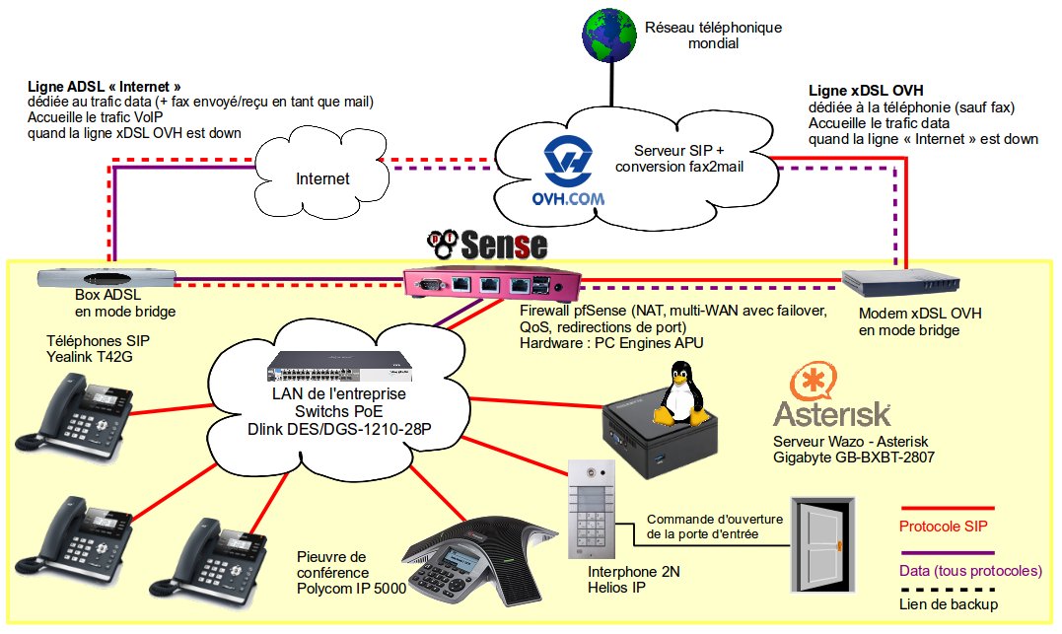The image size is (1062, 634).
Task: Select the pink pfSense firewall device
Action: pos(491,286)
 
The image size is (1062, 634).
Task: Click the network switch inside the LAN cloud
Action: pos(338,367)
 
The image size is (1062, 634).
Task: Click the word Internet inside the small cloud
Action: pos(322,178)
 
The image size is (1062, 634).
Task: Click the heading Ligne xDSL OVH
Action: pos(867,90)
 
